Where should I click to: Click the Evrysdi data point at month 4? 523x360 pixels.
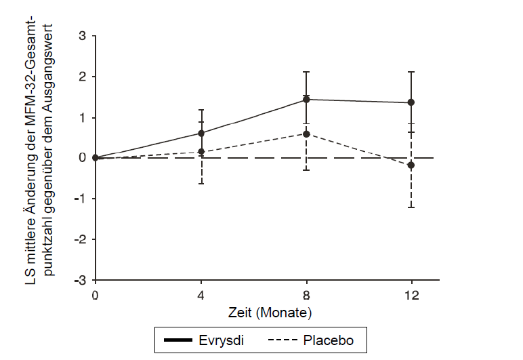(201, 133)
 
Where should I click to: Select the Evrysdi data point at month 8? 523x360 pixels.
(306, 100)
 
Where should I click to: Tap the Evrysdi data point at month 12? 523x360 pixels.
(411, 102)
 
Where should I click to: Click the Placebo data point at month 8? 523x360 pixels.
(306, 134)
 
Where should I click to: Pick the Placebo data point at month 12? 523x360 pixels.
(411, 165)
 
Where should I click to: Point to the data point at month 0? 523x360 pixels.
(96, 158)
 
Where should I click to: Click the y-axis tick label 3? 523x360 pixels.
(82, 36)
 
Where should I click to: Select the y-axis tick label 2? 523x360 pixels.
(82, 77)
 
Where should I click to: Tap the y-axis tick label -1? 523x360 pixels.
(80, 199)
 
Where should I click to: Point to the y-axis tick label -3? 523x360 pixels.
(80, 280)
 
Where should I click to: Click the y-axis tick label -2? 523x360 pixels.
(80, 239)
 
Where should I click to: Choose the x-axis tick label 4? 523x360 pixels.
(201, 296)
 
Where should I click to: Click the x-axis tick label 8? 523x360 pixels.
(306, 296)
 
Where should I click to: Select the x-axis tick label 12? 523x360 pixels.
(411, 296)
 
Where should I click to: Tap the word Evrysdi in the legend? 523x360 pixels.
(223, 339)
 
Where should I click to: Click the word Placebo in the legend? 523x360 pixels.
(330, 339)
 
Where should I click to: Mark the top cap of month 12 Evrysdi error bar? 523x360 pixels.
(411, 72)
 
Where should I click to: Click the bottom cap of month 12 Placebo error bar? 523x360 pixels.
(411, 207)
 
